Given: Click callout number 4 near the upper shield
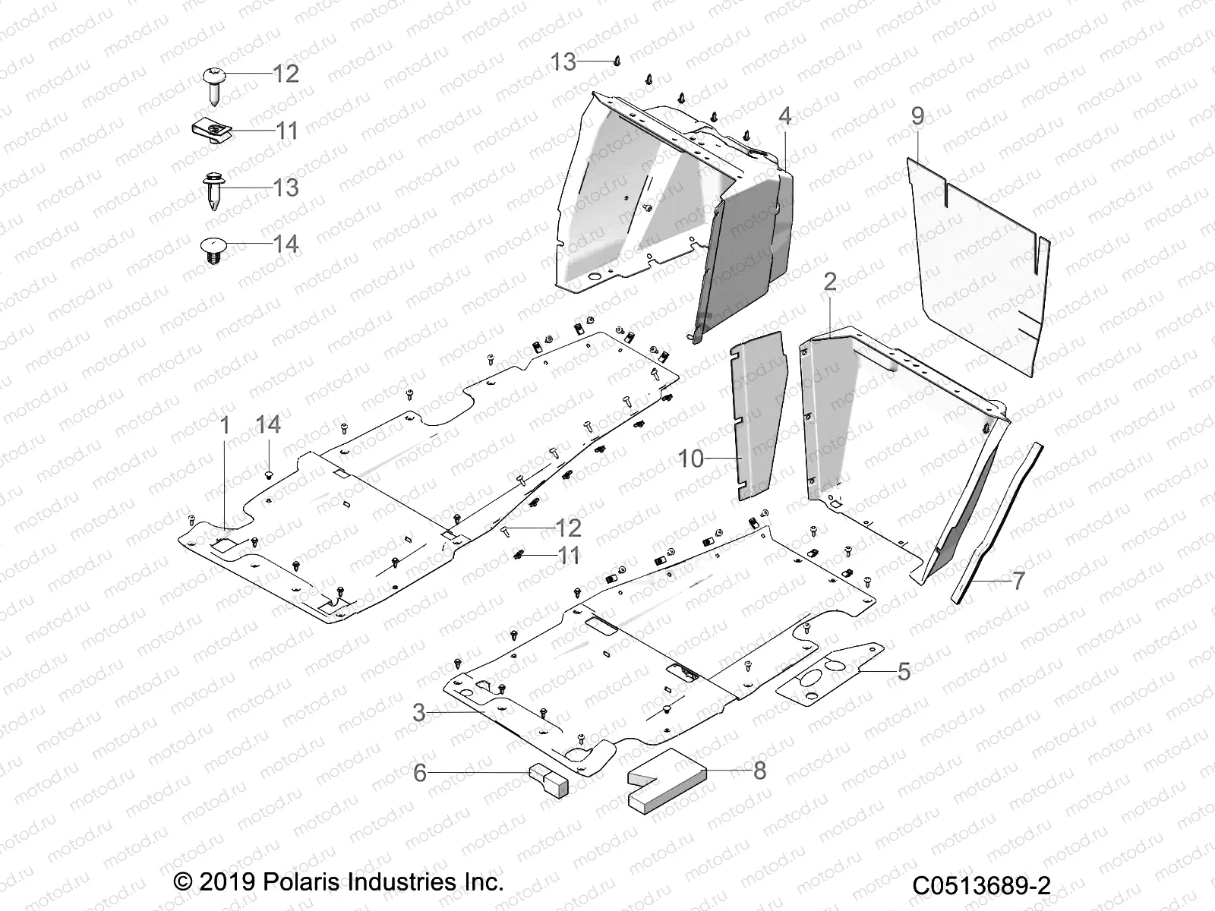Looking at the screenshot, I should [785, 116].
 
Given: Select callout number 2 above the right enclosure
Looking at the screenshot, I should [830, 282].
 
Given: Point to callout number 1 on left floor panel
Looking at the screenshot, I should [225, 425].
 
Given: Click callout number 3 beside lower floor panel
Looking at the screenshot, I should [419, 712].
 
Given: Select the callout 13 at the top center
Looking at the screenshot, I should [563, 61].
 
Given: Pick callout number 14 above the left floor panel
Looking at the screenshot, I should [268, 425].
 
